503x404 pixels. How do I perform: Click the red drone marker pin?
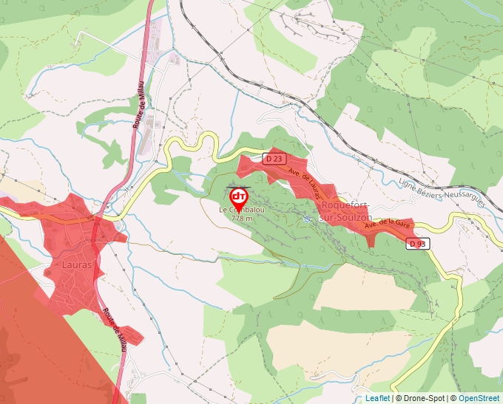[x=239, y=197]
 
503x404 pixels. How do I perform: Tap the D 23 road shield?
[x=274, y=158]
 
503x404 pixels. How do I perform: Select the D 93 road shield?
[x=417, y=243]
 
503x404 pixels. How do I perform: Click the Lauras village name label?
[x=78, y=264]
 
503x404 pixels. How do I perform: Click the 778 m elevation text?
[x=242, y=219]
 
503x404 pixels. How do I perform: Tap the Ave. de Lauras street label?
[x=305, y=184]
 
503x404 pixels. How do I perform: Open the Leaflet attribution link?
[x=377, y=398]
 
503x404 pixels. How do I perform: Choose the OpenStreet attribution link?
[x=480, y=398]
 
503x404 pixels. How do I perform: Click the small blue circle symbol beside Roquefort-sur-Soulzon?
[x=308, y=219]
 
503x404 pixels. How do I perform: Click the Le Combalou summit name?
[x=242, y=210]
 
